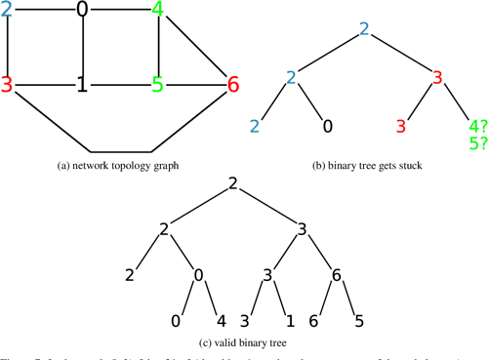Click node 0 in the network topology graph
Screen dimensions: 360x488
[x=82, y=11]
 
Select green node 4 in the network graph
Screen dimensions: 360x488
[x=158, y=11]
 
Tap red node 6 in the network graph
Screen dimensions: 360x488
[x=232, y=85]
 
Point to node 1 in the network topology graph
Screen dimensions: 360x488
[x=82, y=86]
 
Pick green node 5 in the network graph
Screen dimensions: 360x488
[x=157, y=85]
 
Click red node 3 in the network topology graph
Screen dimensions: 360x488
[x=7, y=85]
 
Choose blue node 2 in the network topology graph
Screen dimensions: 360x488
[x=7, y=11]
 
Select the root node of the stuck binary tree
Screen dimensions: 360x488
[x=364, y=28]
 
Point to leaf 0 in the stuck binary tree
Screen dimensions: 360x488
[x=328, y=126]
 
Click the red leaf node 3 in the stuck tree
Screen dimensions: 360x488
[x=400, y=126]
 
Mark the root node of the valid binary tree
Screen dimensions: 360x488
[x=233, y=183]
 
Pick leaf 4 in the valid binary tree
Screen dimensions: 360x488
[x=220, y=321]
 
